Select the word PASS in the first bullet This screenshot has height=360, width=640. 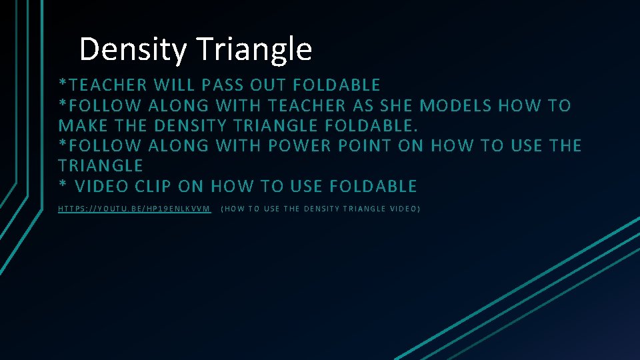click(222, 85)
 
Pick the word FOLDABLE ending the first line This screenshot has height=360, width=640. click(337, 85)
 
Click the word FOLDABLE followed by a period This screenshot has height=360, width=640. click(374, 125)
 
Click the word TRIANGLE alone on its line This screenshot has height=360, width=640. click(101, 165)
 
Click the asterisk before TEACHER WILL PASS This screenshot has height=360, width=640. click(63, 84)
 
